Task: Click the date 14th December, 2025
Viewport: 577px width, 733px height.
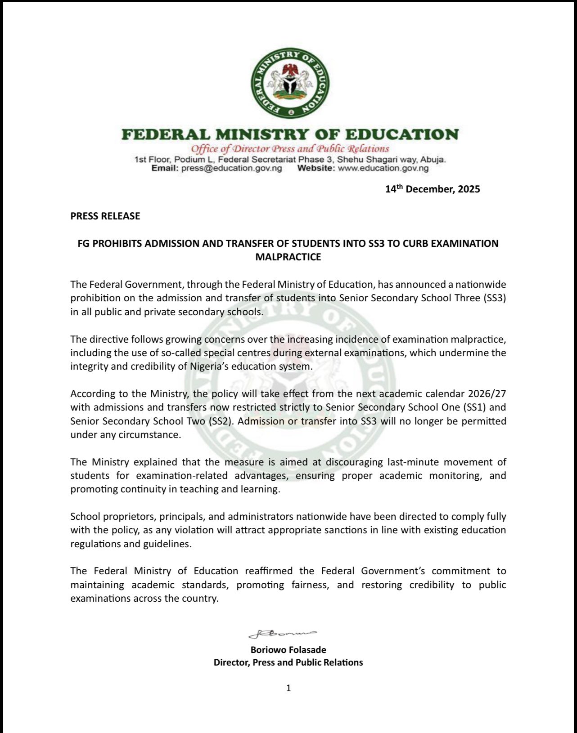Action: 432,189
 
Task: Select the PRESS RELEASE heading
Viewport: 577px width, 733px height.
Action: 105,216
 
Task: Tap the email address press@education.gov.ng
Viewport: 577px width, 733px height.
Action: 231,168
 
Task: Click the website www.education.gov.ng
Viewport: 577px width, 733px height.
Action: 383,168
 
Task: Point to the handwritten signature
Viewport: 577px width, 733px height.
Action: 283,634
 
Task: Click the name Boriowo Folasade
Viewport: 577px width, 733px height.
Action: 288,650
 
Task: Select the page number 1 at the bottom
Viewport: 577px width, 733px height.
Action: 288,688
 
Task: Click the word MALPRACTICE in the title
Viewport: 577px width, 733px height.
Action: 288,257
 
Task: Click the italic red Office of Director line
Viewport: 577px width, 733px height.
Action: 290,149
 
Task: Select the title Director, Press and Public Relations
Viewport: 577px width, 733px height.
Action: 288,662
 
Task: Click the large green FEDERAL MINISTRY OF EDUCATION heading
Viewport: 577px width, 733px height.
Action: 290,134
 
